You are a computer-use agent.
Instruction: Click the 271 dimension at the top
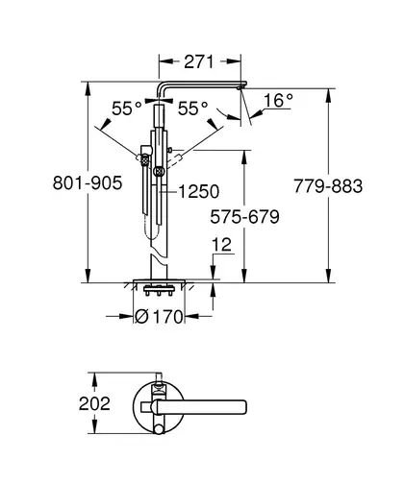198,61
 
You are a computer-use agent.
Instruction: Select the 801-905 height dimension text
88,183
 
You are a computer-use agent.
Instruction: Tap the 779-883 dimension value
328,186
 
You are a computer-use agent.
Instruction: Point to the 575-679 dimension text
244,217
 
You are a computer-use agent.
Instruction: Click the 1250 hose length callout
199,191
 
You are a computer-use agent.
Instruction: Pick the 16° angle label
278,100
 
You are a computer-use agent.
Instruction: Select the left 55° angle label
127,109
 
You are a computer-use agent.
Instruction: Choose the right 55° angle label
192,109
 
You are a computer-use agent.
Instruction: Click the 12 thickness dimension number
221,245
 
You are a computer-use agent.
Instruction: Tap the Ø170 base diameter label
159,317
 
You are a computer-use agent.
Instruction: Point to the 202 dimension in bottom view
94,403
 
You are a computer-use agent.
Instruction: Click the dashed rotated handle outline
176,161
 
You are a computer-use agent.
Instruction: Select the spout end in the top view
243,407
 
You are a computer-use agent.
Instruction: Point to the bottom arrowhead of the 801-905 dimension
88,276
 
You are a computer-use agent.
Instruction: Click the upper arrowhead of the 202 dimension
94,380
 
